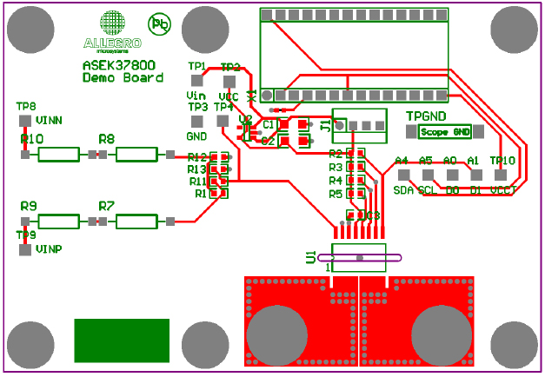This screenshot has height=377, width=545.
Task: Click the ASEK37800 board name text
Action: (x=121, y=64)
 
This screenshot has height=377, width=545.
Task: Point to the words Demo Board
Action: (x=122, y=78)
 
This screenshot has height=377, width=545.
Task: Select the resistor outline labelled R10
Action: (x=59, y=155)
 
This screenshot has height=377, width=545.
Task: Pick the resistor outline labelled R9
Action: (x=59, y=222)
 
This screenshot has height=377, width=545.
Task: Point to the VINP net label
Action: (x=50, y=249)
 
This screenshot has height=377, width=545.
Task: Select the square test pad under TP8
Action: (x=25, y=120)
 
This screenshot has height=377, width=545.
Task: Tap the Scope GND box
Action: (x=444, y=132)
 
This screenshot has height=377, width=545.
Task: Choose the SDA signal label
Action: (x=402, y=189)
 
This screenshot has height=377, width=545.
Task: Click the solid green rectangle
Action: (x=121, y=340)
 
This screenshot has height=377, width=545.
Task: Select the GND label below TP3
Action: (x=196, y=136)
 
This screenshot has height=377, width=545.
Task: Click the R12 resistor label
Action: (x=197, y=157)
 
